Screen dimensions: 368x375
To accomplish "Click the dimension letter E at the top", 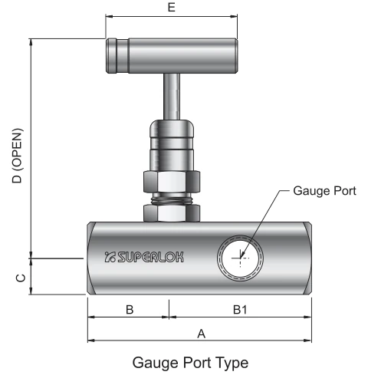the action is tap(172, 7).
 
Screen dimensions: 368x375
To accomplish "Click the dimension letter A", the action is tap(202, 334).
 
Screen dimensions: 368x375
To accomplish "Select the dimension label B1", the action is tap(240, 310).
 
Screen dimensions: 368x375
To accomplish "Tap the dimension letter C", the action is tap(21, 278).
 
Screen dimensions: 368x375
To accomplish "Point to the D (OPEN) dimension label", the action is tap(18, 156).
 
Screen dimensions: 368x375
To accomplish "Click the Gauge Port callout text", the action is tap(324, 191).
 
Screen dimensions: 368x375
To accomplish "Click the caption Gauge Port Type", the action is tap(190, 363).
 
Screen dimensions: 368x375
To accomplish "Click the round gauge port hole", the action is tap(240, 258).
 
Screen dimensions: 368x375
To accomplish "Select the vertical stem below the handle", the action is tap(172, 97).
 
